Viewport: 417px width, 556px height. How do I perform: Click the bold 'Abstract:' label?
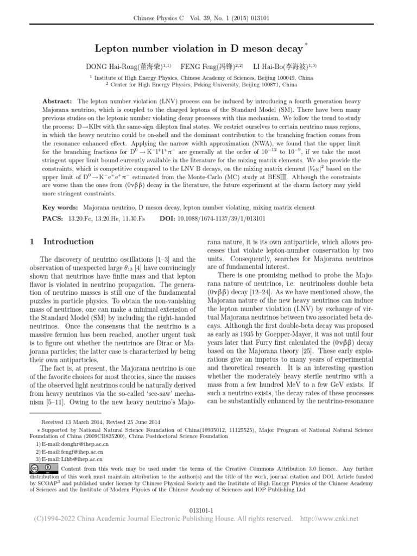pyautogui.click(x=57, y=102)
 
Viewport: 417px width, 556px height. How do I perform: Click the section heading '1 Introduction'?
pyautogui.click(x=62, y=242)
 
